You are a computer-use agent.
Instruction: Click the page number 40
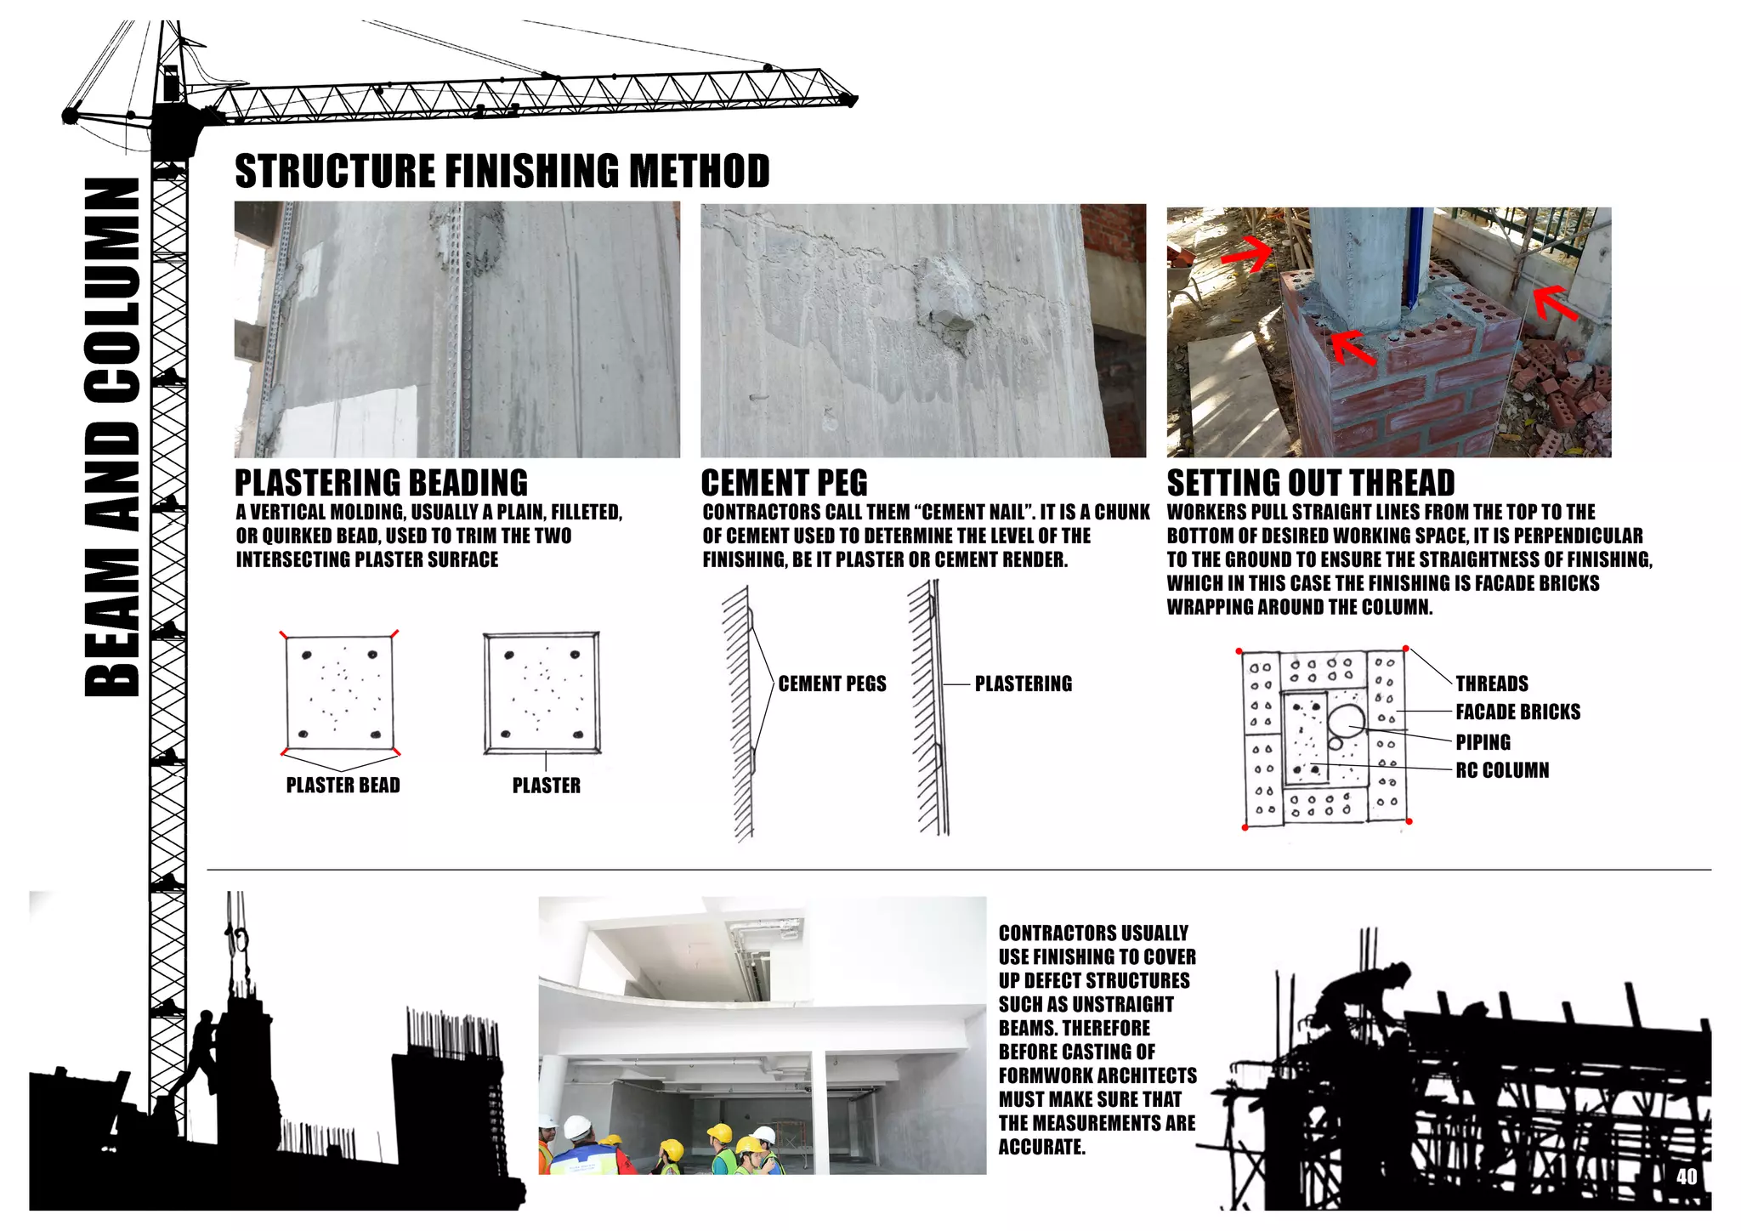click(x=1687, y=1177)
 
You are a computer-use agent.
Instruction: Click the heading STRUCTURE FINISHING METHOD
click(x=502, y=171)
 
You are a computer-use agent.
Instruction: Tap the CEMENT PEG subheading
click(x=784, y=483)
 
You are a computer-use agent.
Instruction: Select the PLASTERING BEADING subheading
click(x=381, y=483)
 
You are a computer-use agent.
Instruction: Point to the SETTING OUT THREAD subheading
click(x=1310, y=483)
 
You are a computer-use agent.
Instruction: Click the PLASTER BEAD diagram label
click(x=343, y=785)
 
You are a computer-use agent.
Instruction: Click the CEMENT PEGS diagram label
click(x=831, y=684)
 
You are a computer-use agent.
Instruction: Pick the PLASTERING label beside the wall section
click(x=1023, y=684)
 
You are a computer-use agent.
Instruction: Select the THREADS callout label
click(x=1491, y=684)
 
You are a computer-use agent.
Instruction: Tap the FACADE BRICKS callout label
click(x=1517, y=712)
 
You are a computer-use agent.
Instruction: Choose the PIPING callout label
click(x=1483, y=742)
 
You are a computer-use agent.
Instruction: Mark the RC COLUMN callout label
click(x=1502, y=770)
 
